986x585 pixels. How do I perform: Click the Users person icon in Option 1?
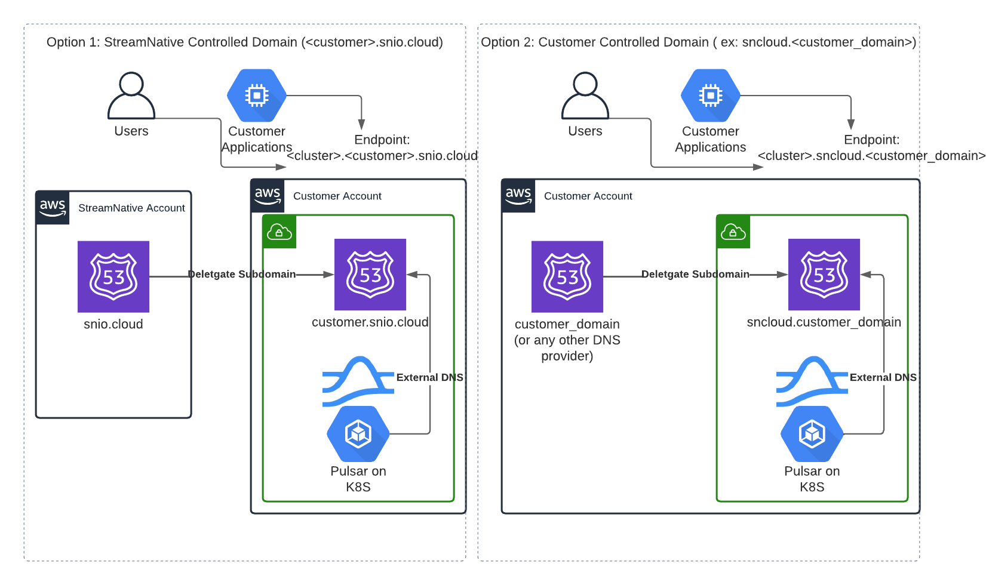131,96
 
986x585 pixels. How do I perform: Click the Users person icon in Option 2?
585,96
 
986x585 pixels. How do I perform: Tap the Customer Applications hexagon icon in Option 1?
257,96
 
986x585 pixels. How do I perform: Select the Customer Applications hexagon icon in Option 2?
711,96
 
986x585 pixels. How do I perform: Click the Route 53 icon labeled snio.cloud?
113,276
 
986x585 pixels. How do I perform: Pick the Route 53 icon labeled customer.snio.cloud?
370,275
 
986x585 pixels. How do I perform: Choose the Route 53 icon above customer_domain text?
567,276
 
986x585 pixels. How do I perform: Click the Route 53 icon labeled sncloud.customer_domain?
824,275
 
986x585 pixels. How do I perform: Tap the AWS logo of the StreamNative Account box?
53,208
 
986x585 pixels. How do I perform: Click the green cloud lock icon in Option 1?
279,232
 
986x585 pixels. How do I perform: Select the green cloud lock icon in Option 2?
733,232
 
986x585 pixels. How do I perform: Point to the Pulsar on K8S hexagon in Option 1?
358,434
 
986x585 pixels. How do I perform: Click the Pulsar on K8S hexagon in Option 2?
812,434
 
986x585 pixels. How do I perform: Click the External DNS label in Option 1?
429,377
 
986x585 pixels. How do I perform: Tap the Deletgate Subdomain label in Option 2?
695,274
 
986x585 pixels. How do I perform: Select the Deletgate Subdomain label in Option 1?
242,274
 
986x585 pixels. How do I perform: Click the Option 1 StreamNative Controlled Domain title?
245,42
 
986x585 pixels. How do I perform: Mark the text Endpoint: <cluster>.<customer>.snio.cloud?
382,148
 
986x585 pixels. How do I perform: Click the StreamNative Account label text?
131,208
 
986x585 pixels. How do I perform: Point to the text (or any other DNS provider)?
567,348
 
